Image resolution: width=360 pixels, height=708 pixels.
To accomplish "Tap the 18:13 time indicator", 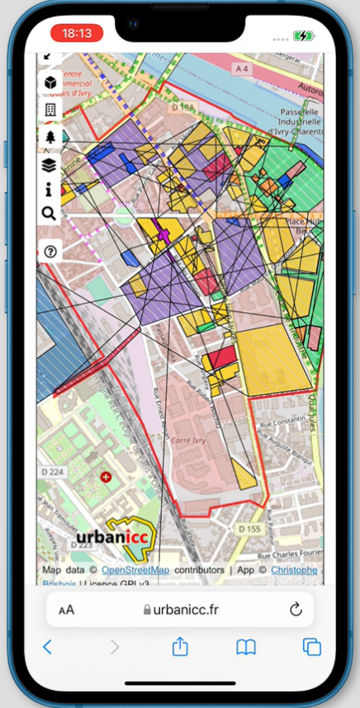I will click(76, 34).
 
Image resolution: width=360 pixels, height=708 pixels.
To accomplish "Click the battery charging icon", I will click(304, 35).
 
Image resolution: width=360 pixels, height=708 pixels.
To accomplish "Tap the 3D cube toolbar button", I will click(50, 83).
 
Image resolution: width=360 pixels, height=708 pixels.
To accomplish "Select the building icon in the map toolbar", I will click(50, 110).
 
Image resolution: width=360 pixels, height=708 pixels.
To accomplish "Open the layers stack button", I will click(50, 165).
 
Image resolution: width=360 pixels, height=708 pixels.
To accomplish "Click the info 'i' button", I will click(50, 190).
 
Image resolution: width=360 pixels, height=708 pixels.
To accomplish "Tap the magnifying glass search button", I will click(49, 215).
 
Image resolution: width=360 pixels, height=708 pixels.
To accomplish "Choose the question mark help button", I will click(50, 252).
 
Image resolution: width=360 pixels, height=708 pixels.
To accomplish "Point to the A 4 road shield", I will click(242, 69).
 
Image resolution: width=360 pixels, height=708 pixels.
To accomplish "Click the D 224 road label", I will click(51, 473).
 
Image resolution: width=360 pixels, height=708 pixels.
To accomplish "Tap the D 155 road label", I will click(249, 527).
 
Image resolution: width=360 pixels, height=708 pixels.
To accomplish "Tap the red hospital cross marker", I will click(105, 477).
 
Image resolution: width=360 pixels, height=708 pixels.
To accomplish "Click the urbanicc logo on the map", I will click(116, 538).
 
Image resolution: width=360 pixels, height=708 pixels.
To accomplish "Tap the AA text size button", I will click(66, 610).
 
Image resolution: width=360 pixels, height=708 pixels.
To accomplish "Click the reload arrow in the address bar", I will click(296, 610).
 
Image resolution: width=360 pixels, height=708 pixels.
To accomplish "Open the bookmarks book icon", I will click(246, 647).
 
